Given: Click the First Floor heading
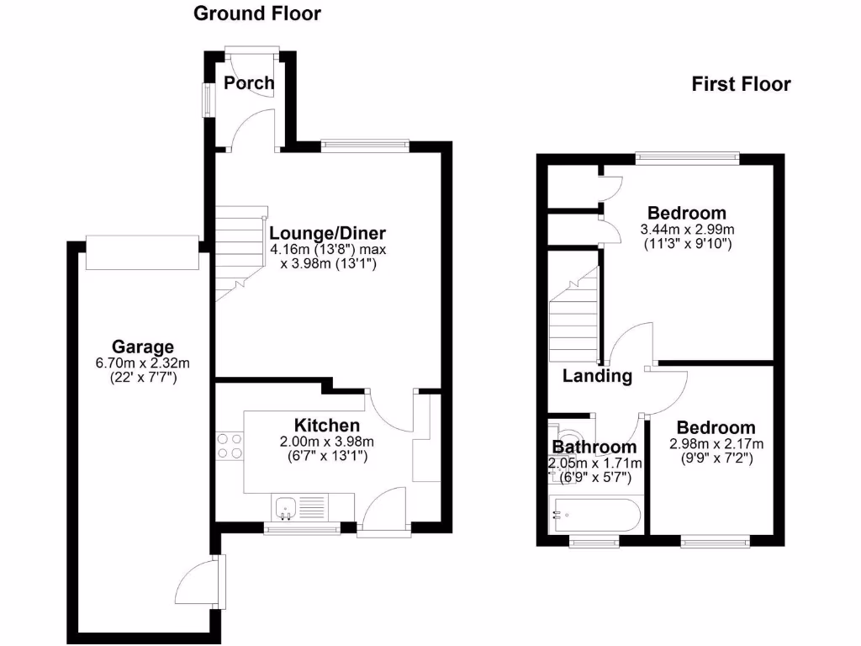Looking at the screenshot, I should click(741, 84).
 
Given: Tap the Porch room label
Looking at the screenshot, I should click(249, 82).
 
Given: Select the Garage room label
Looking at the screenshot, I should click(143, 347).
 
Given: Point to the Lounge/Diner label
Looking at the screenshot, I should click(327, 233).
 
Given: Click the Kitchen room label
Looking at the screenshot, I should click(326, 426).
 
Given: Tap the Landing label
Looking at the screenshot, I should click(597, 376).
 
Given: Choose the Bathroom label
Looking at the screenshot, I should click(594, 447).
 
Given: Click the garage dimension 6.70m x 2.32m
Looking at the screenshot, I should click(143, 363).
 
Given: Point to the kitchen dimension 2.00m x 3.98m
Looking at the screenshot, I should click(326, 442).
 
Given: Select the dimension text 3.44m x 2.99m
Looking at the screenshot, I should click(687, 229).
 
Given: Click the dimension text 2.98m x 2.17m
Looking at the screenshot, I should click(716, 444).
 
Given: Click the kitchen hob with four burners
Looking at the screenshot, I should click(230, 446).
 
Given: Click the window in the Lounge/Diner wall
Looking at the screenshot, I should click(365, 145).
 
